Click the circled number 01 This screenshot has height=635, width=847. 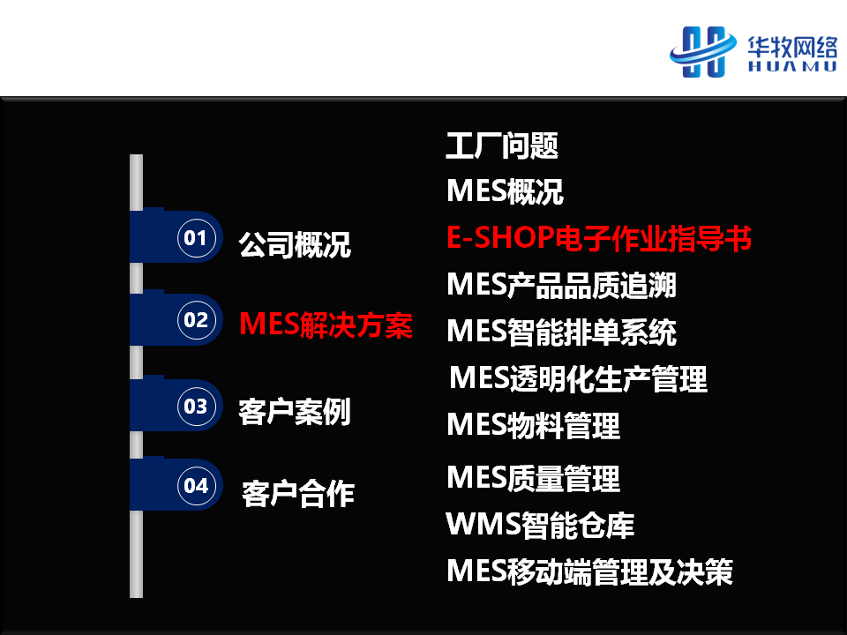197,237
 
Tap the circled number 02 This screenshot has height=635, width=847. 197,319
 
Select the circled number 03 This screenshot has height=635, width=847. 197,406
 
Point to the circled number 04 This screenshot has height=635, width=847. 197,485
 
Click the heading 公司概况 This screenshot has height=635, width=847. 295,244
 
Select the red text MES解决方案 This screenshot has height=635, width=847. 326,325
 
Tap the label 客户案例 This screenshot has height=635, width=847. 295,412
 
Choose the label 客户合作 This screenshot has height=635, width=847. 297,494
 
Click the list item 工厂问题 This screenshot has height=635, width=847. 502,146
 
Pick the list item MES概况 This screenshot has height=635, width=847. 505,191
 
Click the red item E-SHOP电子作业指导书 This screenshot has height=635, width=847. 599,238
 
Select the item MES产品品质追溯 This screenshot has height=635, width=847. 562,285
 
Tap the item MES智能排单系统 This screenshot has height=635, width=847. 562,332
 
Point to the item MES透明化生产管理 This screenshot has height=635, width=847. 578,378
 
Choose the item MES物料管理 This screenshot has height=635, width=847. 534,425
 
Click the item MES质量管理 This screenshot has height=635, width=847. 534,478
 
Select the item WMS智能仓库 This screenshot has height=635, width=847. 540,525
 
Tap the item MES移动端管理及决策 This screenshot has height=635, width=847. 590,571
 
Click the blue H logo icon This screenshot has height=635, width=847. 703,52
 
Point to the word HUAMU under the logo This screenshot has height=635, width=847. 792,66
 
